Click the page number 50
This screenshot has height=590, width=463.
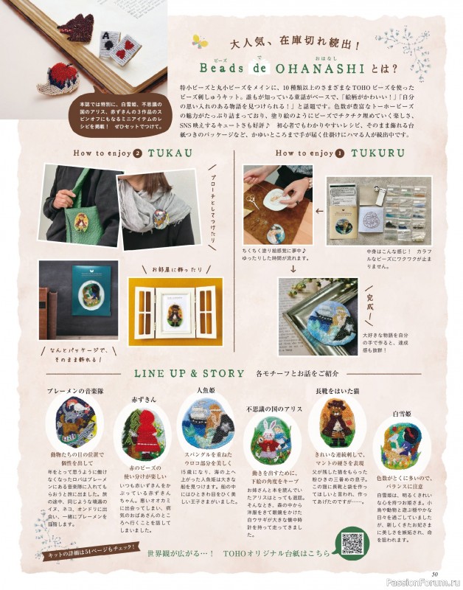click(x=435, y=575)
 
